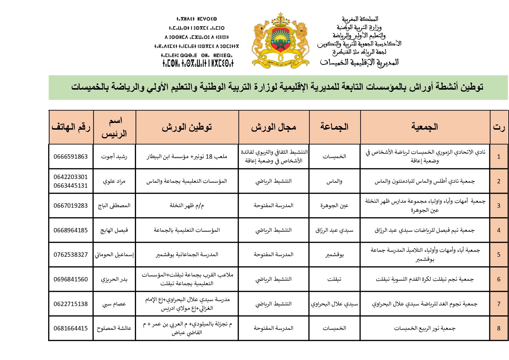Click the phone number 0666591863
70,157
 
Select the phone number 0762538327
70,255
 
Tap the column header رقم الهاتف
71,127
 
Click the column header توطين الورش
187,127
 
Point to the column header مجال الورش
273,127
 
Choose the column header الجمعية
425,127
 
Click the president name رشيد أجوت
114,157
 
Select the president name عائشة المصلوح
114,328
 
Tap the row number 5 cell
499,255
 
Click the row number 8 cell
499,328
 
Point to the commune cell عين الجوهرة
334,206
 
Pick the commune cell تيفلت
334,279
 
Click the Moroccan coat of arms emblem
280,40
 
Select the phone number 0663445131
70,186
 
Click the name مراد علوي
114,181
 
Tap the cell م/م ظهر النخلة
187,206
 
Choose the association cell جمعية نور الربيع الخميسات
425,328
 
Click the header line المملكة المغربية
360,19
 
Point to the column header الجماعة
334,127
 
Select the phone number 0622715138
70,304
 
